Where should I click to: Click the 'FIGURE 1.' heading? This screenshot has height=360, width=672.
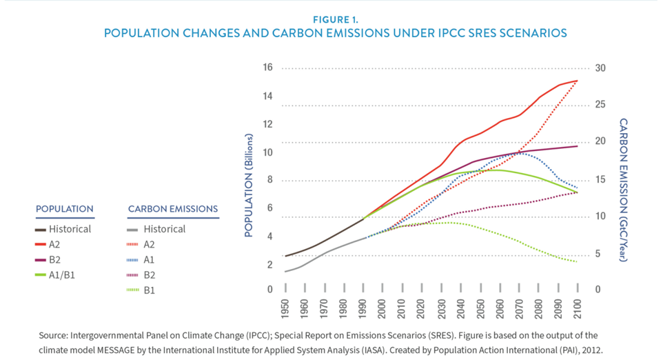pyautogui.click(x=336, y=20)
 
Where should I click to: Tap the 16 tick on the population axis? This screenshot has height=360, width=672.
pyautogui.click(x=268, y=68)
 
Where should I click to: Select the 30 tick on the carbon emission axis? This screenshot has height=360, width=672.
pyautogui.click(x=600, y=68)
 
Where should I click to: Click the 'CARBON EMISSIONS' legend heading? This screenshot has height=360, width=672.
pyautogui.click(x=173, y=209)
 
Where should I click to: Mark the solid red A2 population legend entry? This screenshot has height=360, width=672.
pyautogui.click(x=61, y=244)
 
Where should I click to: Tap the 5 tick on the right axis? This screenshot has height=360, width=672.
pyautogui.click(x=597, y=253)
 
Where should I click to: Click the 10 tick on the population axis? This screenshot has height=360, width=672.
pyautogui.click(x=268, y=152)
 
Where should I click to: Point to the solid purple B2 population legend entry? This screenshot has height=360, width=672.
pyautogui.click(x=61, y=259)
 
